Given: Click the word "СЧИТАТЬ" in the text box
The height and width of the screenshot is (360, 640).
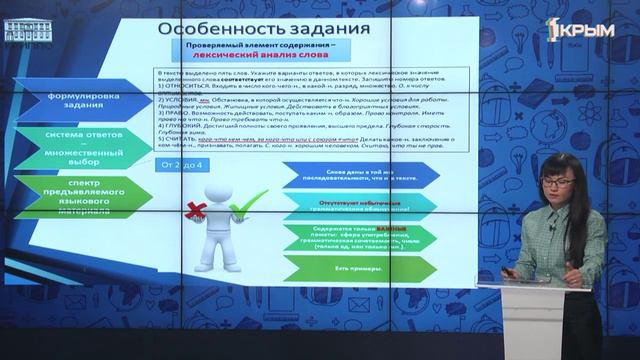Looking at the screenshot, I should point(183,141).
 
